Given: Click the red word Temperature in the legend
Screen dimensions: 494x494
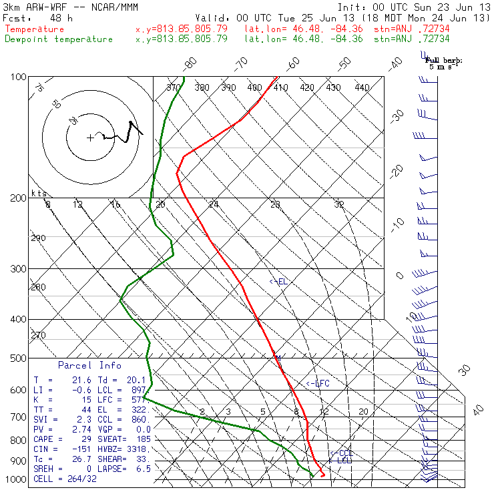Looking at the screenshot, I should point(35,29).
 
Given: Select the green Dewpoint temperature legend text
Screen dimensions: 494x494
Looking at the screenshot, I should point(59,39).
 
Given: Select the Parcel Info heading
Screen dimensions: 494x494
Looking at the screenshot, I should point(89,365).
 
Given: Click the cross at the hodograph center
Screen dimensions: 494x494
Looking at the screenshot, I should point(90,138).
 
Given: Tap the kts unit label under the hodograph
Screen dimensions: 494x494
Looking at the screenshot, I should point(38,193).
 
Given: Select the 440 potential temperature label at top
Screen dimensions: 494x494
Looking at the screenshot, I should point(362,87).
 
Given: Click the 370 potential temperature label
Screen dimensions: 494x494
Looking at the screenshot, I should point(174,87).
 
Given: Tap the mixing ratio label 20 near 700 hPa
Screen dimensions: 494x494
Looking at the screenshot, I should point(364,412).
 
